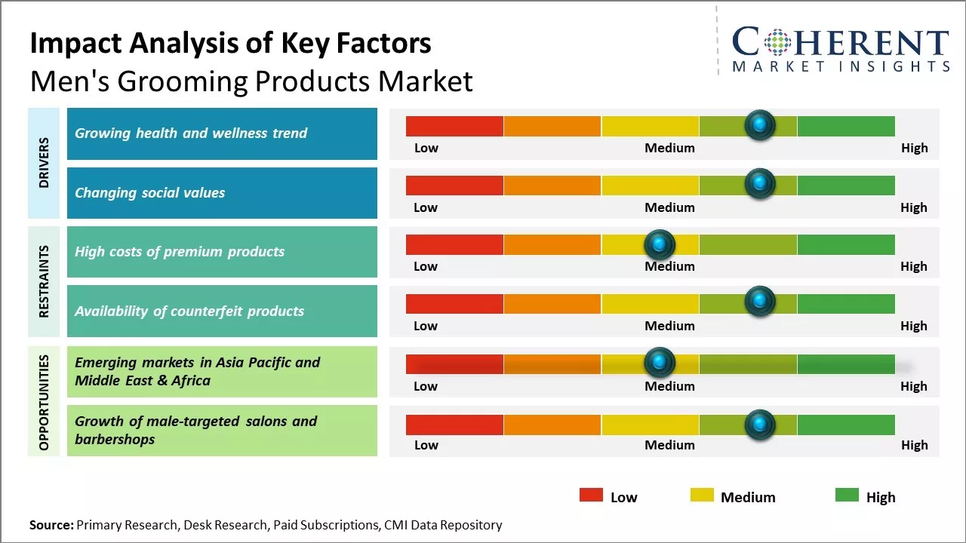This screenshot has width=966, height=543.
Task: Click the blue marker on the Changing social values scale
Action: click(x=759, y=183)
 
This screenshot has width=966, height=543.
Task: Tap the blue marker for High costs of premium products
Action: click(x=660, y=244)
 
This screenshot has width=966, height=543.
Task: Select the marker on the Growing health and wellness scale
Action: click(x=759, y=124)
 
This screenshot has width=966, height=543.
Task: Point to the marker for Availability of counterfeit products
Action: click(x=759, y=302)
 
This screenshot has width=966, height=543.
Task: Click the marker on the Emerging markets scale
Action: click(x=660, y=363)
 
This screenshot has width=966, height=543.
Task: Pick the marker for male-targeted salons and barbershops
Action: click(x=759, y=425)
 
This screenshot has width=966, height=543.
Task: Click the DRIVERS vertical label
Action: click(x=44, y=163)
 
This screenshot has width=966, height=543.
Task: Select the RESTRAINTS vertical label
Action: click(x=44, y=281)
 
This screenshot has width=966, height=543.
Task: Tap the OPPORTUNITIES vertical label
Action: click(x=44, y=401)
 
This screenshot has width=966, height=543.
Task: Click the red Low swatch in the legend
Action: click(x=591, y=495)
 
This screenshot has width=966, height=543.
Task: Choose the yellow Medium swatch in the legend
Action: click(x=702, y=495)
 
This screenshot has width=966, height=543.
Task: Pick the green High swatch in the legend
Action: click(x=847, y=495)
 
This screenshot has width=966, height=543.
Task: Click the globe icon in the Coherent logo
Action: click(x=777, y=43)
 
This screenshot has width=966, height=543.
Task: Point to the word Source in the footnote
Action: click(x=51, y=525)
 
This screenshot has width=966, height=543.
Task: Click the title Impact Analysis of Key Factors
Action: click(x=230, y=44)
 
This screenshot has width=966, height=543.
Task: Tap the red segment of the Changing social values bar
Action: click(x=454, y=185)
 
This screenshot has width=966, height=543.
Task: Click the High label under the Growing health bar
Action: click(x=914, y=148)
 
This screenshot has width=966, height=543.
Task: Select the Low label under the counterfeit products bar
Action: click(x=426, y=326)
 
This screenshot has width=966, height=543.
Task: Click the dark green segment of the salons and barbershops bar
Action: click(x=846, y=425)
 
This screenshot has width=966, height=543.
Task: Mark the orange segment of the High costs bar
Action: click(x=552, y=244)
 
